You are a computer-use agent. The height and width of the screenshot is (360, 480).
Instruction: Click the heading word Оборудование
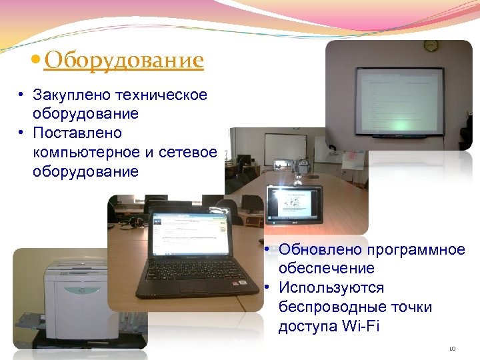(123, 61)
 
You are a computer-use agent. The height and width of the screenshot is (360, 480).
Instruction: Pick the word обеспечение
(327, 269)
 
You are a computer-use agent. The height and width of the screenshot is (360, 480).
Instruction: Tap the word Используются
(331, 288)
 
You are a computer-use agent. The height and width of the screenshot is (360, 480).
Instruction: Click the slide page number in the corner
(452, 347)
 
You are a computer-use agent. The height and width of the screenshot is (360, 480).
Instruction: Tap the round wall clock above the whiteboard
(430, 46)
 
